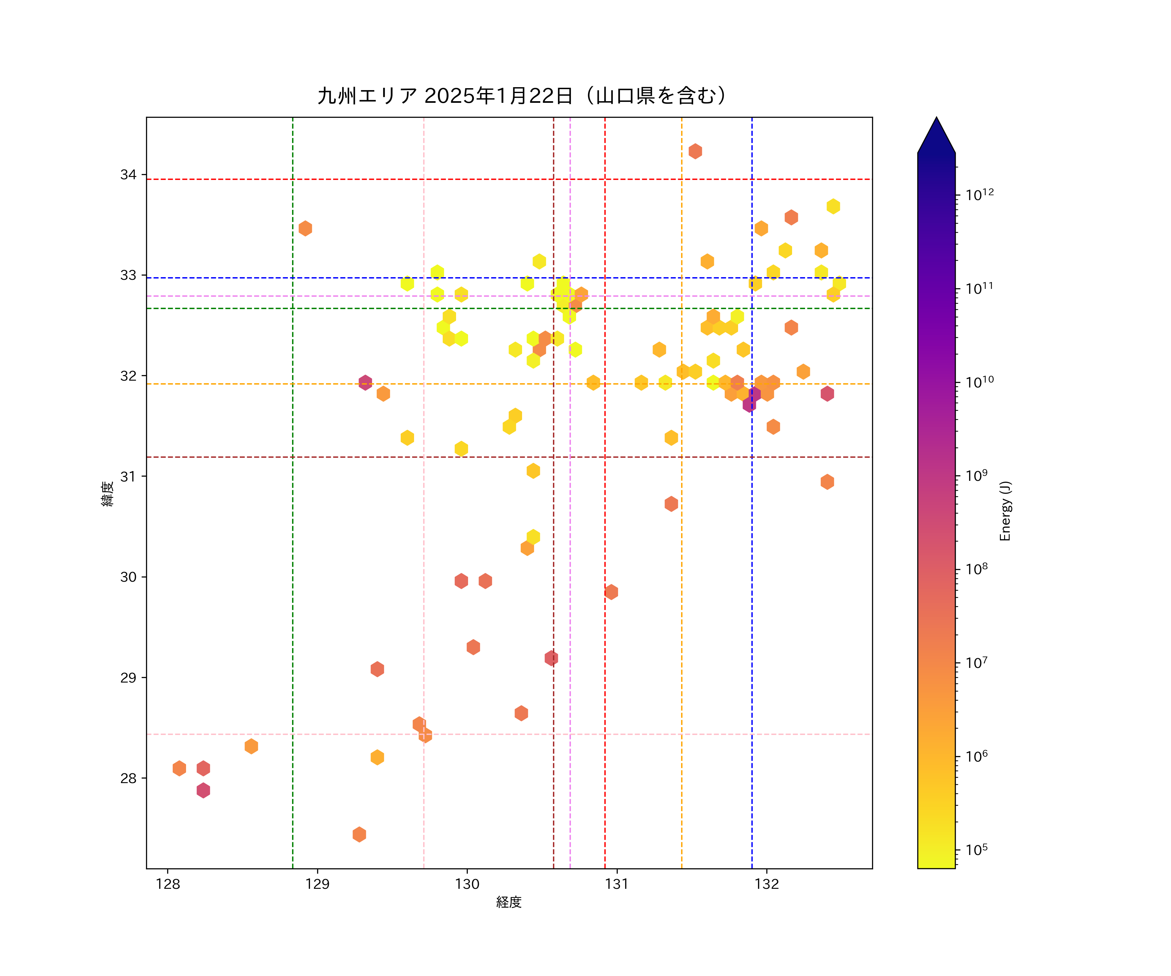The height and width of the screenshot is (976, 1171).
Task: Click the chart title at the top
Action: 522,96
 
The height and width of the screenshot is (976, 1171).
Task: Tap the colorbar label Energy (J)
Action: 1005,511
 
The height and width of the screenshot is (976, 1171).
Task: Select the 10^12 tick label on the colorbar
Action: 980,195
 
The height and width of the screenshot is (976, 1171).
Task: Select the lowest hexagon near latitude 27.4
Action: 359,834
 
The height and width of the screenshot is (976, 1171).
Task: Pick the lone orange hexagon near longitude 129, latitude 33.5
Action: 305,228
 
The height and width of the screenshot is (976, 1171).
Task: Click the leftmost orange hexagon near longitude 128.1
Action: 179,768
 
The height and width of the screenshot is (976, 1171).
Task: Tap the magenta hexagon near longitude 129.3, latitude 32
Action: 365,383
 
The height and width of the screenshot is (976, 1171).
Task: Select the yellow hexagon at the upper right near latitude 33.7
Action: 833,206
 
